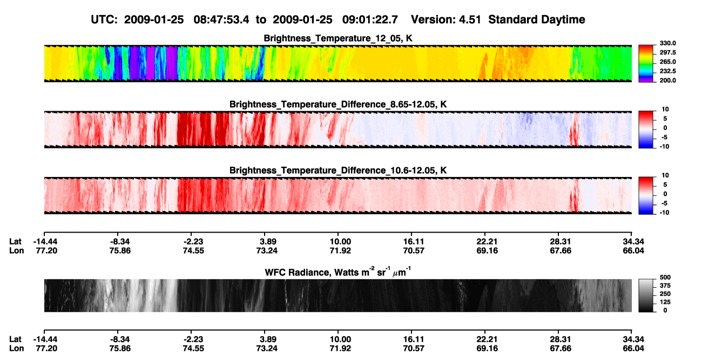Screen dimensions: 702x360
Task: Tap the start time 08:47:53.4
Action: click(x=221, y=19)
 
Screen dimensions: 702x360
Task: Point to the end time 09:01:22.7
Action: click(x=370, y=19)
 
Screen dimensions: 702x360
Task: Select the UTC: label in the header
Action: click(x=104, y=19)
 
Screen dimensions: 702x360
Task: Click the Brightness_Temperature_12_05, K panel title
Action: click(x=338, y=38)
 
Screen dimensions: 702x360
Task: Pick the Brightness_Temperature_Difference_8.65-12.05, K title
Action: click(x=338, y=104)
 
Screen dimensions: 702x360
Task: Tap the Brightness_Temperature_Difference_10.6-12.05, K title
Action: click(x=338, y=171)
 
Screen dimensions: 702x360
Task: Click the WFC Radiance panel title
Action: click(x=338, y=272)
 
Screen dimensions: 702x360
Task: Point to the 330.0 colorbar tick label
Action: click(x=667, y=43)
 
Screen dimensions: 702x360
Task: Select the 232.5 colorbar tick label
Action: click(x=667, y=71)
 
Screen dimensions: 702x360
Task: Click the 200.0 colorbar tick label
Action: click(x=667, y=80)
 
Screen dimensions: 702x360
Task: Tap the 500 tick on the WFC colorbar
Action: click(x=665, y=277)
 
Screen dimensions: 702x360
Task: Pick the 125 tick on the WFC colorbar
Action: click(x=665, y=302)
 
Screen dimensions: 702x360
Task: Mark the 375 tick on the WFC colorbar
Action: click(x=665, y=286)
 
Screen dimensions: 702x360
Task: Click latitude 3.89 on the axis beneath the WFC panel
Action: click(x=268, y=339)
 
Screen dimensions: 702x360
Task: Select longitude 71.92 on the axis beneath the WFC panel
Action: click(x=340, y=349)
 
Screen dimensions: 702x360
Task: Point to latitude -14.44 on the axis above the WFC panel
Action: click(x=45, y=242)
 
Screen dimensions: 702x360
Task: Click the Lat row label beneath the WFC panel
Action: click(x=15, y=339)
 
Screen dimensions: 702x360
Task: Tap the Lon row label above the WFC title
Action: click(x=16, y=250)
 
